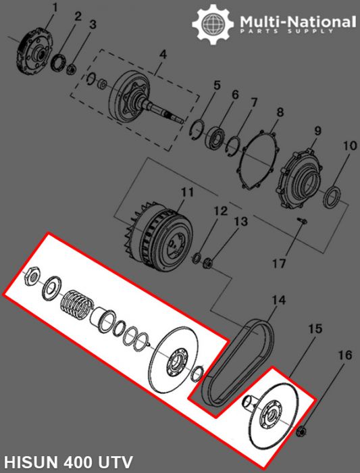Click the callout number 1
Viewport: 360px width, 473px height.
[x=55, y=8]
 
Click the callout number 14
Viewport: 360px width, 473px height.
[x=279, y=299]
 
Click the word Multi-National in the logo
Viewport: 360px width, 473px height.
[x=297, y=22]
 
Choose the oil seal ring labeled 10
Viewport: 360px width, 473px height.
[x=332, y=200]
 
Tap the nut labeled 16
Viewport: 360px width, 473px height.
[x=302, y=431]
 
